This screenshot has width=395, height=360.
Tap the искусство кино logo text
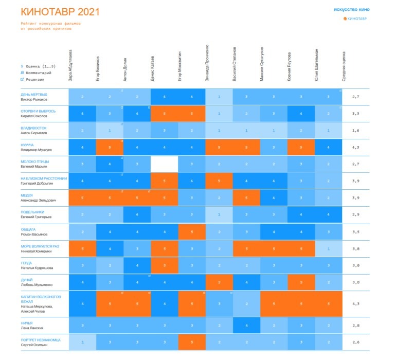coord(351,10)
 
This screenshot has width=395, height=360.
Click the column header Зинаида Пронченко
coord(207,62)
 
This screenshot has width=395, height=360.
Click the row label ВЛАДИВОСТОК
coord(33,128)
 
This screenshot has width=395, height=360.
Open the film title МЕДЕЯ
coord(27,195)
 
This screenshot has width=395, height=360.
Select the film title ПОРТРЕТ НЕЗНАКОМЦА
coord(41,339)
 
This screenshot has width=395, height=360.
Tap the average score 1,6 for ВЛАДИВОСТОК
coord(354,131)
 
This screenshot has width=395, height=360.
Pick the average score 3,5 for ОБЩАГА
coord(354,232)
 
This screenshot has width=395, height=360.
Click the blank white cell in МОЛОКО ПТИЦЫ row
coord(164,164)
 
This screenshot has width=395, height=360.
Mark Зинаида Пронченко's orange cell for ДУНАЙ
coord(219,282)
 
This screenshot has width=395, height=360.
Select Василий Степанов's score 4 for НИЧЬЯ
coord(246,326)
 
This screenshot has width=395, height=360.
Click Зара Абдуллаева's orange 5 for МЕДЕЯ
coord(82,198)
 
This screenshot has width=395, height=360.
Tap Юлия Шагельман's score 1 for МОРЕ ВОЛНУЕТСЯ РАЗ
coord(328,249)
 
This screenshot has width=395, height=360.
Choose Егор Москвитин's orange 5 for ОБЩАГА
coord(191,232)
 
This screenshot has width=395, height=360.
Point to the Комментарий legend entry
coord(38,73)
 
